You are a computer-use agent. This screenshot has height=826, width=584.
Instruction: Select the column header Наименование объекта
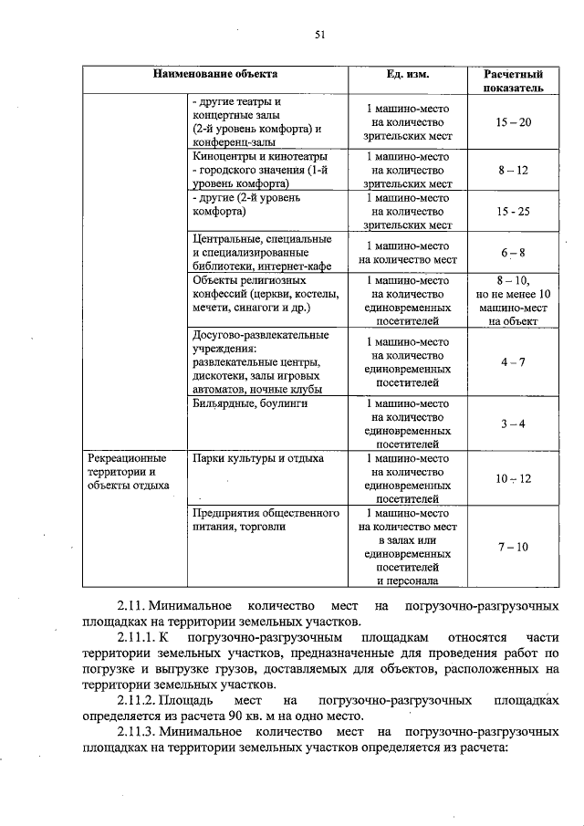tap(215, 73)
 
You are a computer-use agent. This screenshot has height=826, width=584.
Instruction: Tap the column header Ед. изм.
tap(407, 73)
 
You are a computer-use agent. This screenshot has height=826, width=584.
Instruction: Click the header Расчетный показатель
tap(514, 79)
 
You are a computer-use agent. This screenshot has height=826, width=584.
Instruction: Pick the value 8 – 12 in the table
tap(514, 170)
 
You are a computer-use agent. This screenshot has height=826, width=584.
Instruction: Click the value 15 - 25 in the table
tap(514, 211)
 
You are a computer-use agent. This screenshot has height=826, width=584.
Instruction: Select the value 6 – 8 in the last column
tap(514, 252)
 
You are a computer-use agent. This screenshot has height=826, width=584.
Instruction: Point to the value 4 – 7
tap(514, 361)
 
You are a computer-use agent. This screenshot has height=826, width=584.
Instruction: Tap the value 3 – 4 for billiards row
tap(514, 423)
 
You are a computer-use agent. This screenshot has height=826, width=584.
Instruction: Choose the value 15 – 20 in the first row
tap(514, 122)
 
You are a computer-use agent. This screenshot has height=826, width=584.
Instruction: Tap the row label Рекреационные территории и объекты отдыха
tap(128, 471)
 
